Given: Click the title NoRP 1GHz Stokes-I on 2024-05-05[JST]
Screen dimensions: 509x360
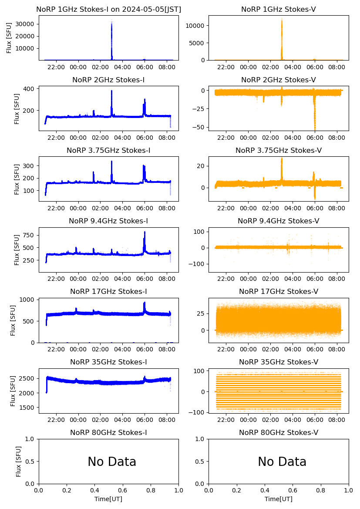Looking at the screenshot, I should point(108,9).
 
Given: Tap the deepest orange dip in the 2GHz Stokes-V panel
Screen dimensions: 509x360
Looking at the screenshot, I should point(315,129).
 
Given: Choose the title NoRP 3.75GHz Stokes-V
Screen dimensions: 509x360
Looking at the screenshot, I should point(279,150).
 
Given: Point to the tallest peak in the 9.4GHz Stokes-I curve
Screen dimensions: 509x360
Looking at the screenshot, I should point(145,232).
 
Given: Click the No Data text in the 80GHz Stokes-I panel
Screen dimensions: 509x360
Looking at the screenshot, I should point(112,462).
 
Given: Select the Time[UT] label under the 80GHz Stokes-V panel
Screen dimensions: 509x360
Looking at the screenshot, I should point(279,499).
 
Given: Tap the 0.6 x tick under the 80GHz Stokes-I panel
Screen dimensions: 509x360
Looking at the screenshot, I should point(123,490).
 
